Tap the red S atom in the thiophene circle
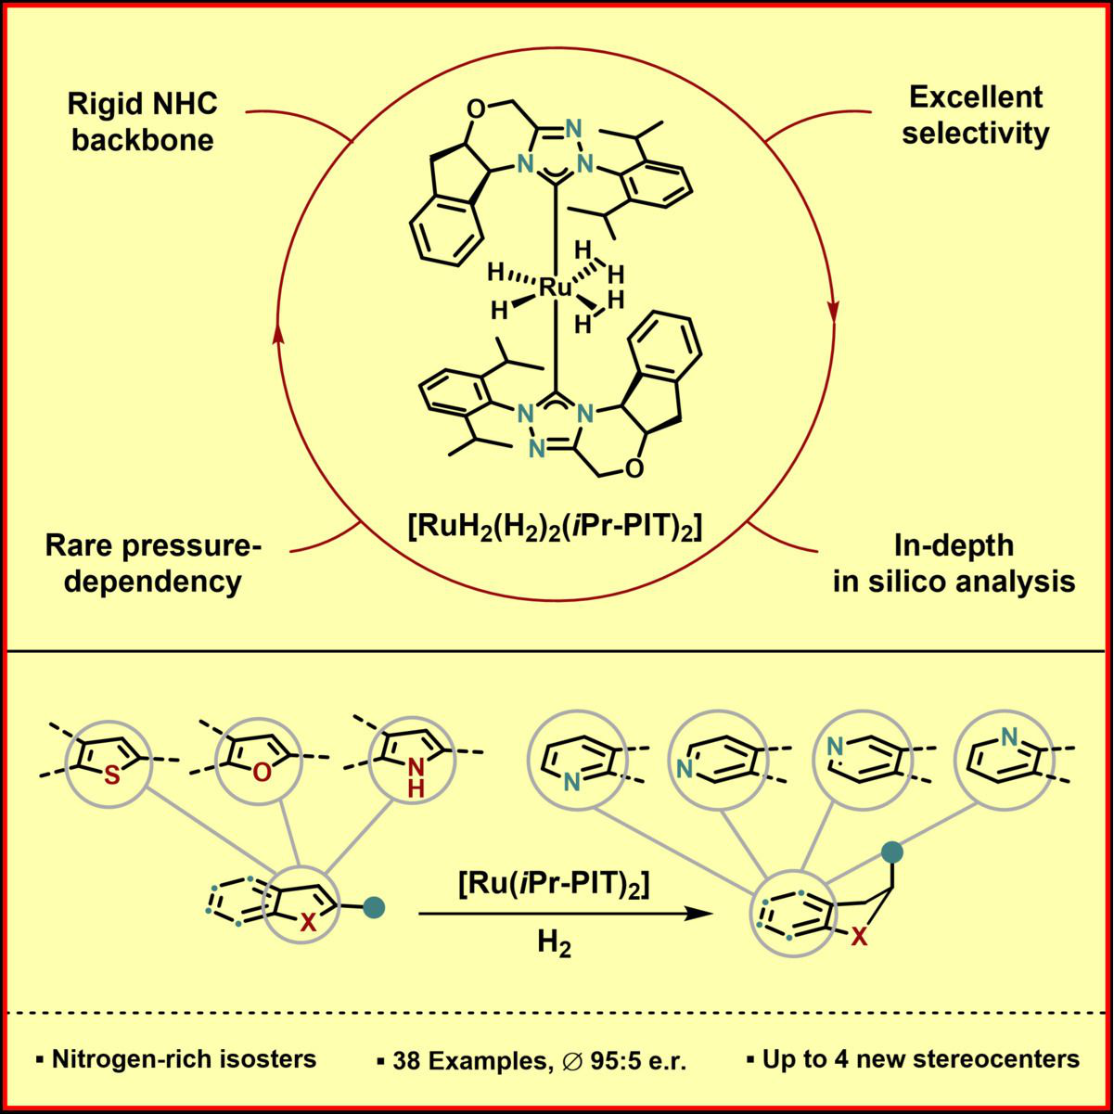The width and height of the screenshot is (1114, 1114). [112, 777]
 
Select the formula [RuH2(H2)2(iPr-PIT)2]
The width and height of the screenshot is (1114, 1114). [554, 530]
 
